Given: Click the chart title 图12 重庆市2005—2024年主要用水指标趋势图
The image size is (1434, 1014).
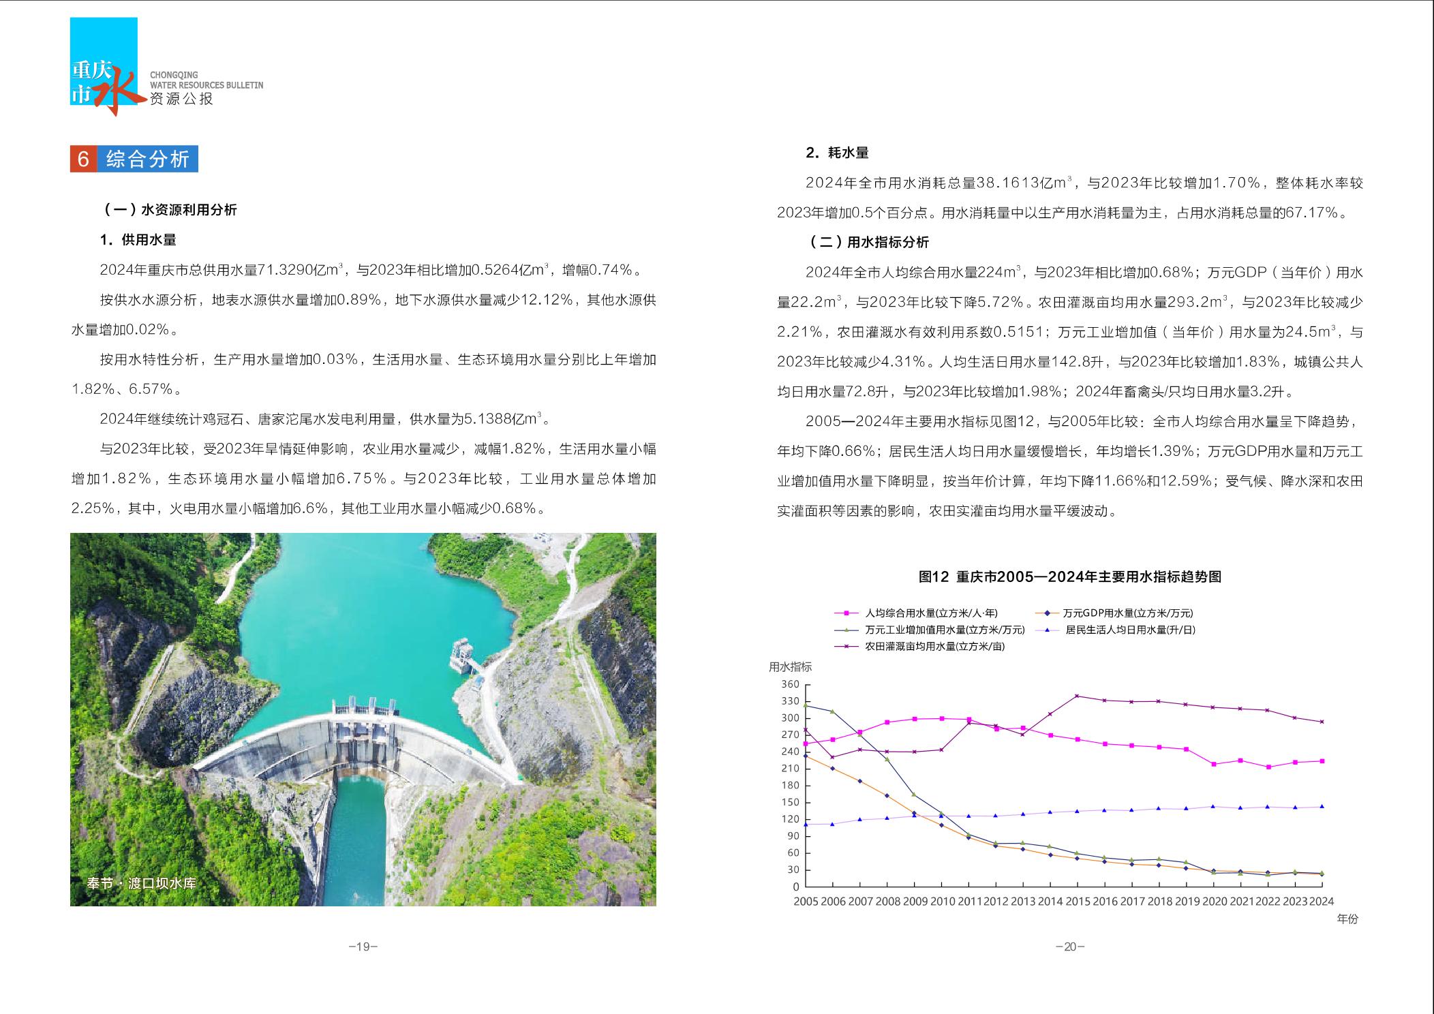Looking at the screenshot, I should tap(1069, 577).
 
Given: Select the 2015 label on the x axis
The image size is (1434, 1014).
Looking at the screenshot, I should tap(1077, 902).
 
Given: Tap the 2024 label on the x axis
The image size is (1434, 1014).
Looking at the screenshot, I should tap(1321, 902).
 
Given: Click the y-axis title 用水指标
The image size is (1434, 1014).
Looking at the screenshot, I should tap(790, 667).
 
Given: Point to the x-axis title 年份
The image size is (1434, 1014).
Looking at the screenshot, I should tap(1347, 919).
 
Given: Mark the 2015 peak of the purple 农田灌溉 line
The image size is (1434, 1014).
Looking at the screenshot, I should tap(1077, 696).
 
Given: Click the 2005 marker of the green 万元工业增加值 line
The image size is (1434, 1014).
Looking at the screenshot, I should tap(806, 705).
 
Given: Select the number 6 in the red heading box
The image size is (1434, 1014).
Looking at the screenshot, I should tap(84, 159).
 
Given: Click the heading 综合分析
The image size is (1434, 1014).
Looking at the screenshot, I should tap(148, 159).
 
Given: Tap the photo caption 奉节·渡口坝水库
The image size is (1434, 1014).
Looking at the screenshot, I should tap(141, 883).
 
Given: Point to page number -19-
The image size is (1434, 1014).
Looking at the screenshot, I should tap(363, 947).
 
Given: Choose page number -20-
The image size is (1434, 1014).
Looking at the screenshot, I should tap(1069, 947).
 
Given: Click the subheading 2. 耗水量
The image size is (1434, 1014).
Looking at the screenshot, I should tap(837, 153).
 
